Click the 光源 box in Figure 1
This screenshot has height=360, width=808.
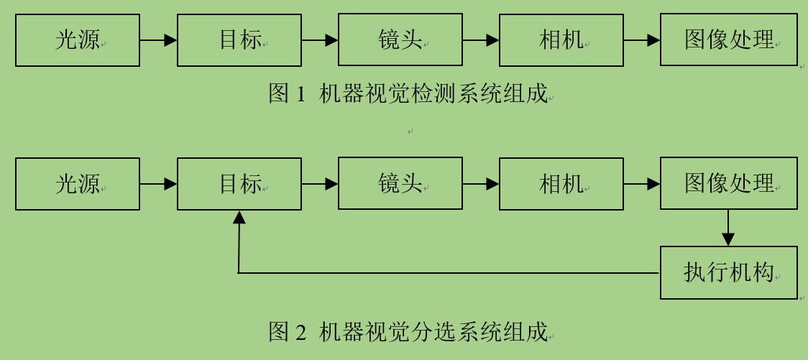pyautogui.click(x=78, y=40)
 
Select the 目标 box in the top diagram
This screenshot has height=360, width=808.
pyautogui.click(x=239, y=40)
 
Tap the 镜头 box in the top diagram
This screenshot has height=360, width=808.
pyautogui.click(x=400, y=40)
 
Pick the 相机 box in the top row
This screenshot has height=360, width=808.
pyautogui.click(x=561, y=40)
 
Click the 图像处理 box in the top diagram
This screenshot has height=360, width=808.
pyautogui.click(x=729, y=40)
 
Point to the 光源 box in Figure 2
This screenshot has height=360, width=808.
pyautogui.click(x=78, y=184)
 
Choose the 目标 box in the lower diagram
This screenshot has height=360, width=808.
pyautogui.click(x=239, y=184)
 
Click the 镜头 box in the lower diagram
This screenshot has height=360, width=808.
pyautogui.click(x=400, y=183)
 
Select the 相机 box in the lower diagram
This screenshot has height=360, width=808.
pyautogui.click(x=561, y=184)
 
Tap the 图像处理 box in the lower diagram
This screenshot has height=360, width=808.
pyautogui.click(x=729, y=183)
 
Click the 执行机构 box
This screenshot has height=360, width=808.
pyautogui.click(x=729, y=273)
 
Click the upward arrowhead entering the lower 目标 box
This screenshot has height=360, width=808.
pyautogui.click(x=239, y=217)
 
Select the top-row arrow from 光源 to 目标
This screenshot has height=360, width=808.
pyautogui.click(x=158, y=40)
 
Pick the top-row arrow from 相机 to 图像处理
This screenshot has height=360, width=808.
pyautogui.click(x=642, y=40)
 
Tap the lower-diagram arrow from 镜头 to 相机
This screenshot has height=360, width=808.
pyautogui.click(x=481, y=184)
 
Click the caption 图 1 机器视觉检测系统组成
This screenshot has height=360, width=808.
pyautogui.click(x=408, y=93)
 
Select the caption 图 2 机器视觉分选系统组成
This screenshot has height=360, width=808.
pyautogui.click(x=408, y=331)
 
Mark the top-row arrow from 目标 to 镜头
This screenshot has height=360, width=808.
pyautogui.click(x=320, y=40)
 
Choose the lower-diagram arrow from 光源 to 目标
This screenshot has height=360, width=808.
pyautogui.click(x=158, y=184)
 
